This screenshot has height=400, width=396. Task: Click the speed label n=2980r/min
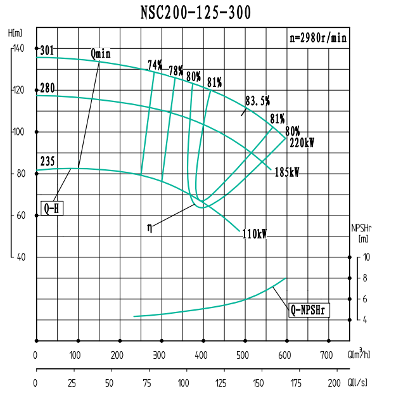[318, 37]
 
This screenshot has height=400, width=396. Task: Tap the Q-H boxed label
[53, 208]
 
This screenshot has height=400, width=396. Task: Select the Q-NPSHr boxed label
[310, 310]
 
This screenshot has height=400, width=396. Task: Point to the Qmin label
[100, 53]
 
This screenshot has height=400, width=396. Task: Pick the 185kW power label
[286, 172]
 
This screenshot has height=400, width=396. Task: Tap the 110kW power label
[255, 234]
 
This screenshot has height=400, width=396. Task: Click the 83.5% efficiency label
[257, 100]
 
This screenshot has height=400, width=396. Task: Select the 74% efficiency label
[155, 65]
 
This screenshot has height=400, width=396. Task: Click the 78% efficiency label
[176, 70]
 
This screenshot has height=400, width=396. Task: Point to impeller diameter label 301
[47, 51]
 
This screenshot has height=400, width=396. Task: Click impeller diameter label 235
[48, 161]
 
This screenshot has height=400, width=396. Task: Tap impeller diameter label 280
[48, 87]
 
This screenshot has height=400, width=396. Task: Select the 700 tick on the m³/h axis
[327, 355]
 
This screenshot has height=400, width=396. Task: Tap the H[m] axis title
[16, 32]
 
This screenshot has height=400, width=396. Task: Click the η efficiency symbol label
[150, 225]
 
